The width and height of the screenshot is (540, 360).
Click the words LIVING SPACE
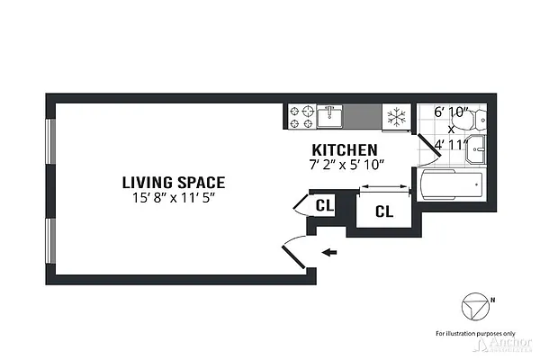174,182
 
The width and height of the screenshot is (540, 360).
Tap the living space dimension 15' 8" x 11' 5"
174,196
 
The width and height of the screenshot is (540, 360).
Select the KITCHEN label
344,149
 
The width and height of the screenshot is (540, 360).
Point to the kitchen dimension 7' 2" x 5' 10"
344,163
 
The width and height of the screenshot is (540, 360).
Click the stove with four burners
301,115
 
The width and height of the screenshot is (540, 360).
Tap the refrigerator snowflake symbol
394,116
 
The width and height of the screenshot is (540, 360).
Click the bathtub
451,187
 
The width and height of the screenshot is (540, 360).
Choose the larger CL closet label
383,212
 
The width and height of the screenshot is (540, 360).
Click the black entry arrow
330,252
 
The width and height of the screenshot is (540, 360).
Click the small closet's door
301,205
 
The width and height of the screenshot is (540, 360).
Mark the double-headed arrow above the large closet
383,187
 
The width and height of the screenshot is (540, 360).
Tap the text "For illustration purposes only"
473,332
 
